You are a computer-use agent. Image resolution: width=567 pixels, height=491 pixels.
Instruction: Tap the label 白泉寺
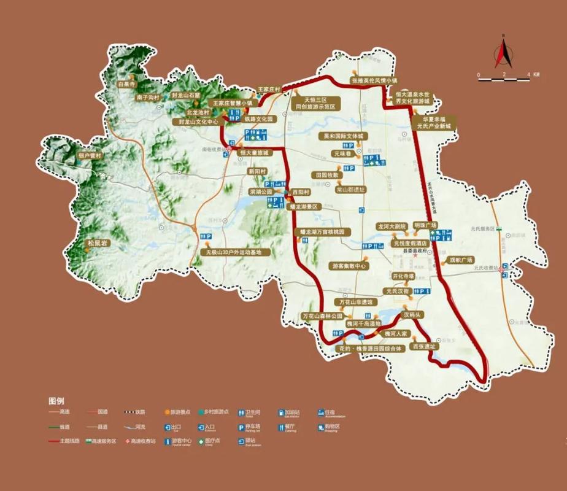pyautogui.click(x=126, y=83)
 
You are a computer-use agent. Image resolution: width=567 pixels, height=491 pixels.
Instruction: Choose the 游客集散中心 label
pyautogui.click(x=348, y=266)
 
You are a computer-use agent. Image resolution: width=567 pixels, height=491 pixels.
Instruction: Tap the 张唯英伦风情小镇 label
pyautogui.click(x=374, y=80)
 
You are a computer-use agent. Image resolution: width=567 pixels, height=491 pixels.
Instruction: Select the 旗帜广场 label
pyautogui.click(x=457, y=259)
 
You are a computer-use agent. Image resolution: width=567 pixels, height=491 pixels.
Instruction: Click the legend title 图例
pyautogui.click(x=56, y=400)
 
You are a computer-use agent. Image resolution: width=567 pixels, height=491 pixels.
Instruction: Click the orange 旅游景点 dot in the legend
pyautogui.click(x=167, y=412)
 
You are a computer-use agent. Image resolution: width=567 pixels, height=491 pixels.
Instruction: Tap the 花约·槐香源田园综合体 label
pyautogui.click(x=371, y=349)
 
